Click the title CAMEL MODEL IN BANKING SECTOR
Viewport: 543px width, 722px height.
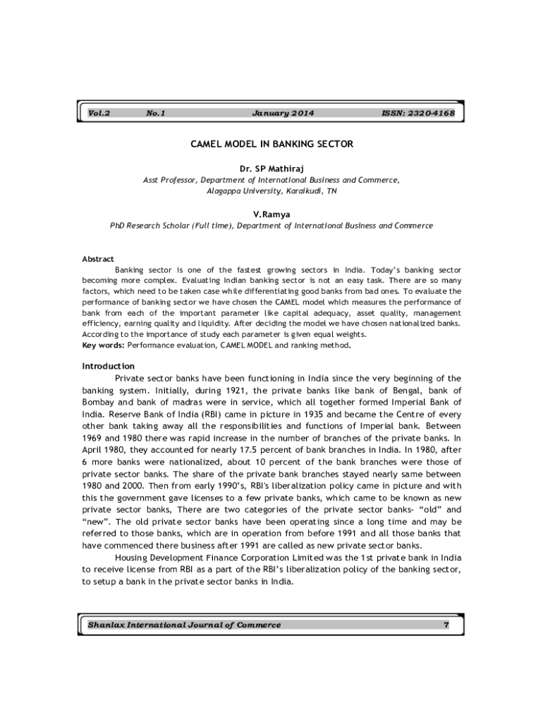[271, 144]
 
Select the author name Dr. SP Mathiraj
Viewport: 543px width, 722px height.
[271, 169]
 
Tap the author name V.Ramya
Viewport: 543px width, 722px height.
[271, 214]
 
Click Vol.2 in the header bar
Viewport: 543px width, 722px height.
[99, 113]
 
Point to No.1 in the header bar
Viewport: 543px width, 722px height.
[155, 113]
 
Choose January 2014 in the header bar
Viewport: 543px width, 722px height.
[282, 113]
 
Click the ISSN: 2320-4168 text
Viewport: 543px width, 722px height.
[418, 113]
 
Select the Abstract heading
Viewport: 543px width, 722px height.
[98, 259]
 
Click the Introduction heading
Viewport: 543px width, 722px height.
[108, 366]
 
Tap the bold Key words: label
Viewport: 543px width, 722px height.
[103, 345]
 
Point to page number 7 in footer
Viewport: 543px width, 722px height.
[446, 625]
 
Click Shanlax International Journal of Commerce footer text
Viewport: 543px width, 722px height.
[184, 625]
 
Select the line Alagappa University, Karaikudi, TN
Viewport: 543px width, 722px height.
[271, 191]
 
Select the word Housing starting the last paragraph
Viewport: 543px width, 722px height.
[132, 557]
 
